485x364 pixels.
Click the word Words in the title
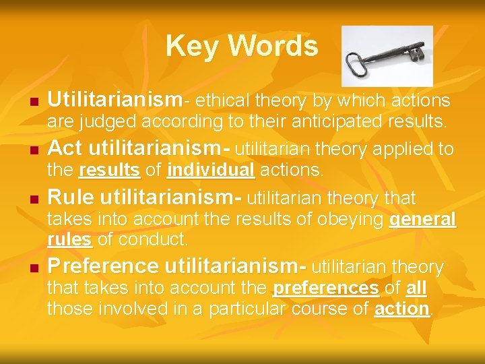click(x=273, y=46)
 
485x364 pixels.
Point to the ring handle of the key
click(x=357, y=65)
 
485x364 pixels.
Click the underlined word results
click(x=109, y=171)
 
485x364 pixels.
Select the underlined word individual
click(x=211, y=171)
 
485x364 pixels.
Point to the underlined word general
click(x=422, y=220)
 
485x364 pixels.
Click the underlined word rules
click(x=70, y=239)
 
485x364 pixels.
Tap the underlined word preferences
click(x=325, y=289)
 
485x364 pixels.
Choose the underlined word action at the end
click(x=401, y=309)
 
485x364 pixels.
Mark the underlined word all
click(x=416, y=289)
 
